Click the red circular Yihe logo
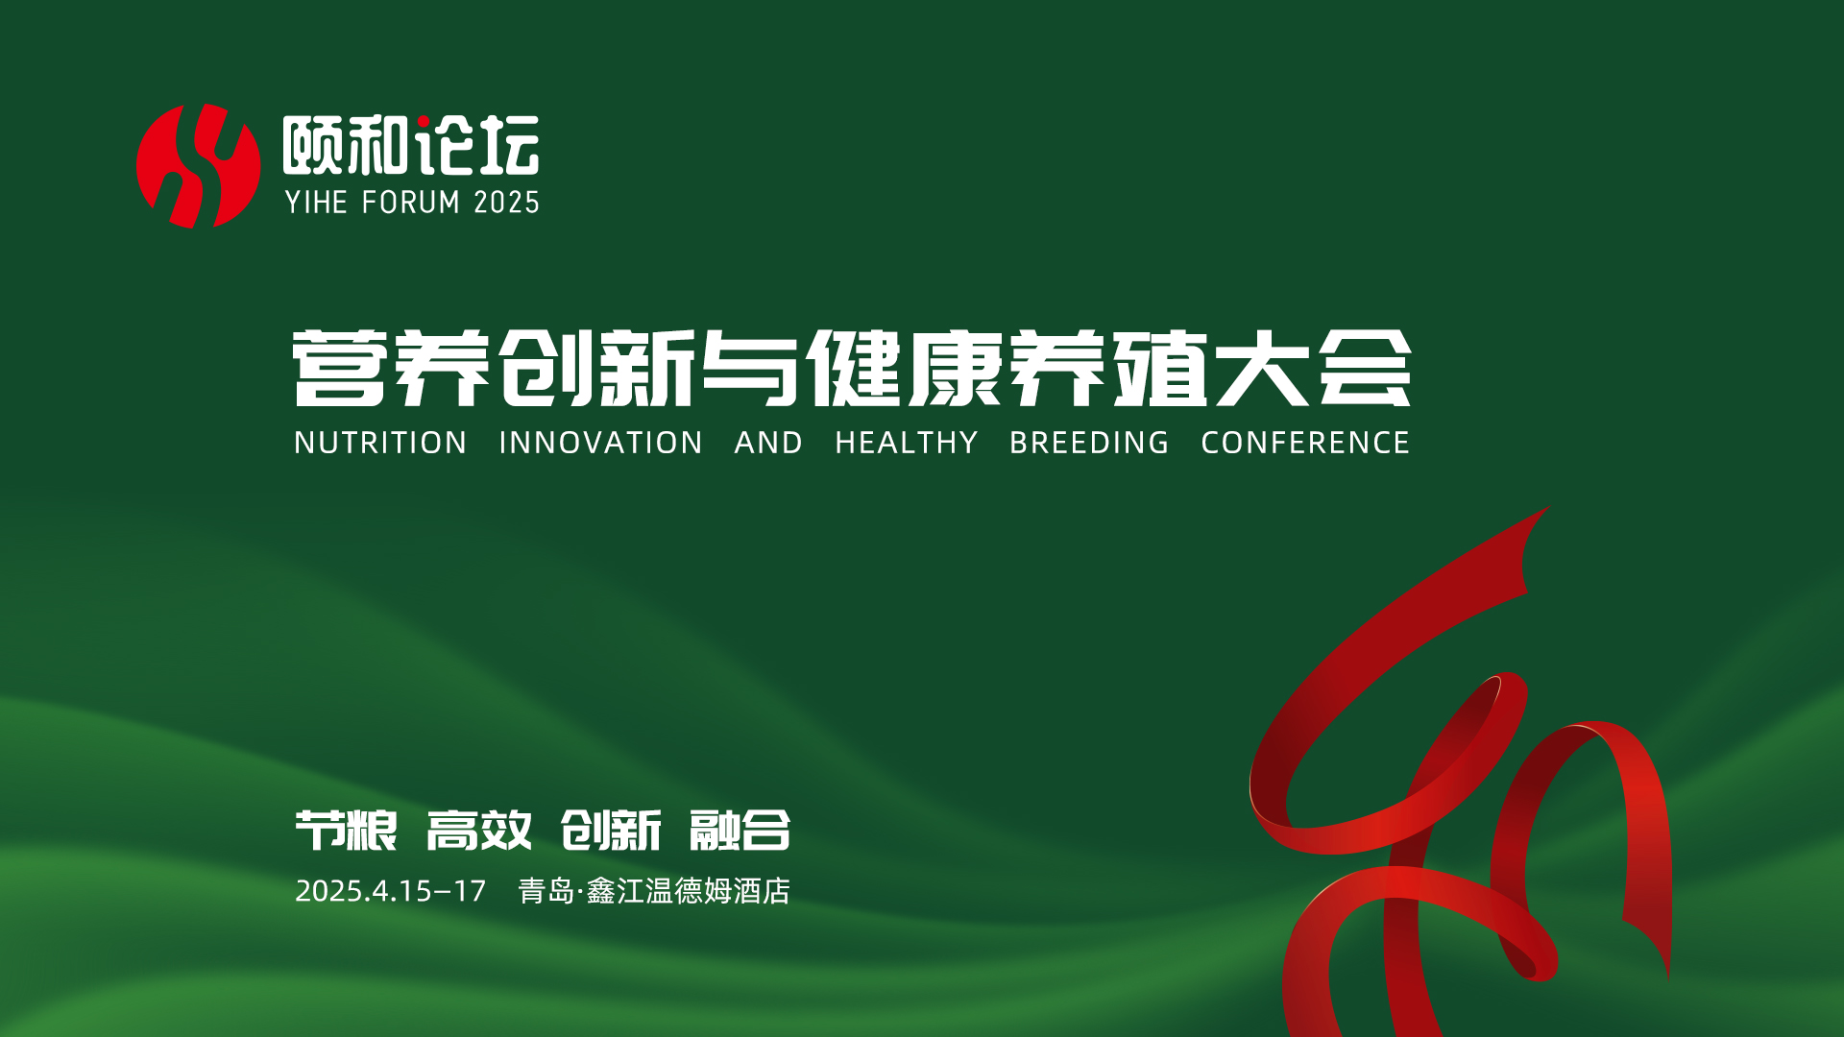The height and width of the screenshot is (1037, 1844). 199,166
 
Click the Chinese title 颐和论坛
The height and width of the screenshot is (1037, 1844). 411,145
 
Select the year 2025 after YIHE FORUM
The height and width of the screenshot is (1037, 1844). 506,203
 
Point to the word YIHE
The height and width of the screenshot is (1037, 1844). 316,203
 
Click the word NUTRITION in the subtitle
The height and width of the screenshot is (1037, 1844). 380,443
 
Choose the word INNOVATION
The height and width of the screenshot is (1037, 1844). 601,443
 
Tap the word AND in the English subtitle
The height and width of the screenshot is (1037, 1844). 768,443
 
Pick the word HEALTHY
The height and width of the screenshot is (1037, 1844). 906,443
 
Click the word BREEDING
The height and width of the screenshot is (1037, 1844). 1089,443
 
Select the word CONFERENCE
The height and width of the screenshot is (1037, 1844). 1305,443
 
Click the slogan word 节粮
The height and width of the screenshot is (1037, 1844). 346,830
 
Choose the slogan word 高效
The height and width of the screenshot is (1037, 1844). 479,830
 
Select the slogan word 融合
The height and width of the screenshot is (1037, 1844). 740,830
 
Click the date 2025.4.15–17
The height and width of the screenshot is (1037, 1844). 391,891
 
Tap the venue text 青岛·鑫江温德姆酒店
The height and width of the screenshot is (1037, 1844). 654,891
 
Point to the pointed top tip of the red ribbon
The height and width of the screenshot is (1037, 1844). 1549,507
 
